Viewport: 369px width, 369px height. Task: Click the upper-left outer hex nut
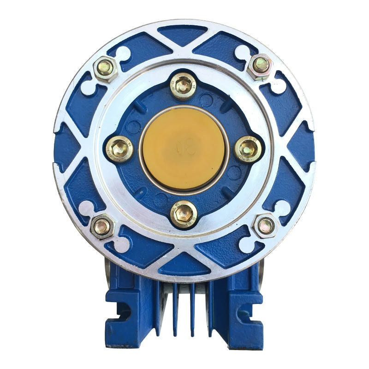coord(106,67)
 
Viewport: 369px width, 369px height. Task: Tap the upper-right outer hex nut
coord(261,65)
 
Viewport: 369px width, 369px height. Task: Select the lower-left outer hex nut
coord(102,226)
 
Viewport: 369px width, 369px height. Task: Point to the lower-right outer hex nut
coord(266,226)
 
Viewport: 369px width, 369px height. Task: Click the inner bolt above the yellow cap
coord(183,85)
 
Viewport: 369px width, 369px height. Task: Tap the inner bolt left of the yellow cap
coord(119,149)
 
